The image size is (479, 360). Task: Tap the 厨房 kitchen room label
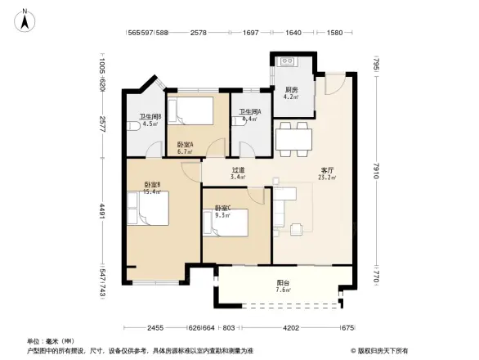point(291,90)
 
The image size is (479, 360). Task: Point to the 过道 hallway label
point(238,170)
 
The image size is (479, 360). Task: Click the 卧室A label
point(185,144)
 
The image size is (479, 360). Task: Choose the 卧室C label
point(222,209)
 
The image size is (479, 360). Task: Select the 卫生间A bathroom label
point(248,112)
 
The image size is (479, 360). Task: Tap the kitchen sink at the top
point(289,61)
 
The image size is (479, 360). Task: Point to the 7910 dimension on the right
point(375,173)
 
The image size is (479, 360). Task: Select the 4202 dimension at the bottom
point(290,328)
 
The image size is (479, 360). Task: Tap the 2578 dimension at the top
point(198,33)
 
